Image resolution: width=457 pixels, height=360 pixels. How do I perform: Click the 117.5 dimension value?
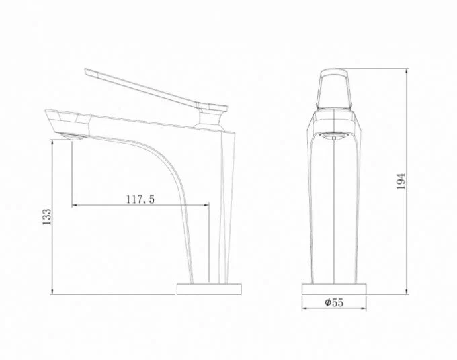(140, 199)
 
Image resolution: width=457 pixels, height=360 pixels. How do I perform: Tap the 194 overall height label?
(401, 181)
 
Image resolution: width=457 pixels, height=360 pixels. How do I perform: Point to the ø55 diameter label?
(334, 303)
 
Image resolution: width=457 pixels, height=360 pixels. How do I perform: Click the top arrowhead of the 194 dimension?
(409, 71)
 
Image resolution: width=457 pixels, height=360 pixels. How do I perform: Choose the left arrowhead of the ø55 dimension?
(304, 310)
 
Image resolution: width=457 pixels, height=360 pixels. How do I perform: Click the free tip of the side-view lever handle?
(88, 71)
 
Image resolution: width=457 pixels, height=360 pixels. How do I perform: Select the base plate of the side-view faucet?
(208, 288)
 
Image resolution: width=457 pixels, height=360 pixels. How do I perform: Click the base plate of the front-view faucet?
(334, 288)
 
